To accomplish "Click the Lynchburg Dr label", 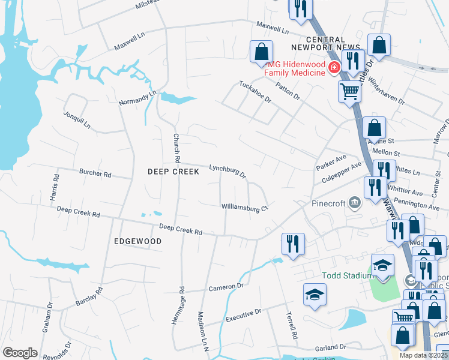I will (228, 172).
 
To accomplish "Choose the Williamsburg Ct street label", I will (244, 208).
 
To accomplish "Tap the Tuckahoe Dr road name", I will (256, 92).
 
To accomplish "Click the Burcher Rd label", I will (95, 174).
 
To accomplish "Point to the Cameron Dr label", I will (225, 287).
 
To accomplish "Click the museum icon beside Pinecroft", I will (355, 203).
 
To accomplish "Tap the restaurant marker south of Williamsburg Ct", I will (293, 244).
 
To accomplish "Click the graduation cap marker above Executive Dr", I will (315, 295).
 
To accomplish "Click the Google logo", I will (20, 353).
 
